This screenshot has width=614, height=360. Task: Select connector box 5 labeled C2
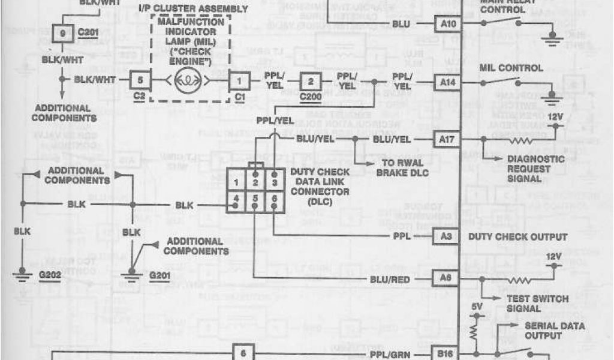click(x=140, y=79)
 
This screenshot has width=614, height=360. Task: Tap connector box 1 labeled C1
click(x=240, y=79)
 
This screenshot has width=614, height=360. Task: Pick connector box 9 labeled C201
click(x=63, y=34)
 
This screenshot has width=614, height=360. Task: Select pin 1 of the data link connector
click(x=238, y=182)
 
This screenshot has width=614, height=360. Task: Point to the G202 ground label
click(x=52, y=275)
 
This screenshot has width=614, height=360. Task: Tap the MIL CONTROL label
click(x=510, y=68)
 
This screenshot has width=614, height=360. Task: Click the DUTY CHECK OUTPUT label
click(x=517, y=237)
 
